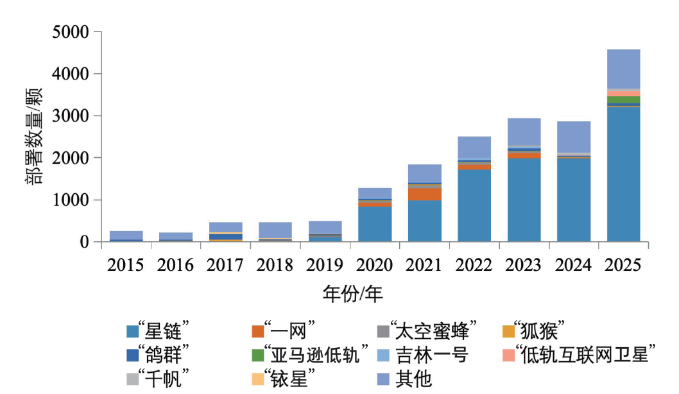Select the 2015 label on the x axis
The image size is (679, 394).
pos(126,265)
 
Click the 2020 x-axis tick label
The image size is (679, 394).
pos(374,265)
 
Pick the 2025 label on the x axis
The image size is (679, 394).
pos(623,265)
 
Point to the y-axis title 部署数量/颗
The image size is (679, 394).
pos(35,137)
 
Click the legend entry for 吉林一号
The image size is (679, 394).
pos(430,355)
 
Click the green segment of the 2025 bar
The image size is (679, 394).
pos(623,99)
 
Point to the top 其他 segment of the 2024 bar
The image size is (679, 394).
pos(574,137)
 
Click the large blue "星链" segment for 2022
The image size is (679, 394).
pos(474,205)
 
